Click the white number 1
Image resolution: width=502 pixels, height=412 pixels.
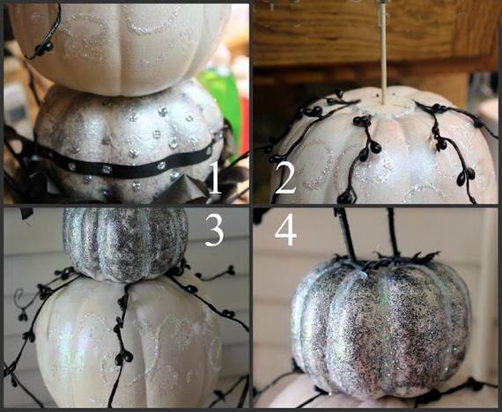tap(215, 178)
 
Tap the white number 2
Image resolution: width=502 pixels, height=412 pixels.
tap(285, 178)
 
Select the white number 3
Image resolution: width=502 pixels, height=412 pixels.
tap(214, 230)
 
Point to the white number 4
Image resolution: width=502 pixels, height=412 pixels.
tap(285, 230)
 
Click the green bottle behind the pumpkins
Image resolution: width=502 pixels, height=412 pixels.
tap(224, 102)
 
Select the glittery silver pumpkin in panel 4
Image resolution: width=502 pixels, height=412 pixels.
tap(381, 327)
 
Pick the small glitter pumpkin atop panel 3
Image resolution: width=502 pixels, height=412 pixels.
tap(125, 244)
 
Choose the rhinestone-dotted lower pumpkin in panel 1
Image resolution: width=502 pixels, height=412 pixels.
tap(128, 144)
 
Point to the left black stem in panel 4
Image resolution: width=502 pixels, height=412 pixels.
tap(345, 233)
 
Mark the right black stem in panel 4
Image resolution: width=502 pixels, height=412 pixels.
tap(394, 232)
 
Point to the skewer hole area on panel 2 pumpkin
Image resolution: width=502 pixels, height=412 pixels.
tap(383, 106)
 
